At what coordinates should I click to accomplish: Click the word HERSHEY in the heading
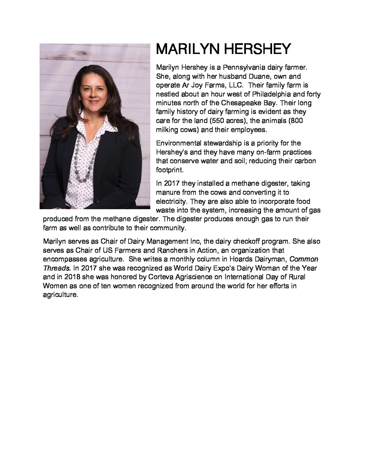click(x=257, y=49)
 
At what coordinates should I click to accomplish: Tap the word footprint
click(x=169, y=170)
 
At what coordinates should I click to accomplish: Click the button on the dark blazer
click(x=97, y=201)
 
